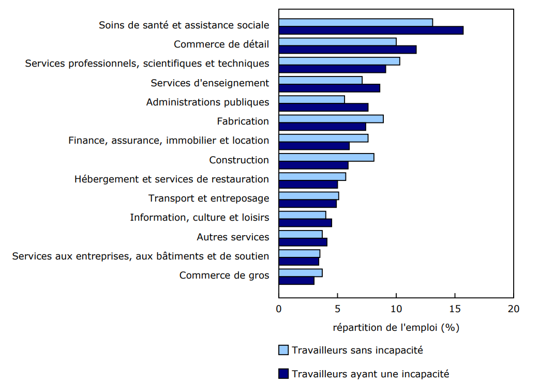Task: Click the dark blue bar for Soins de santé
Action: (371, 30)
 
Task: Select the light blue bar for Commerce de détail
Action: (337, 42)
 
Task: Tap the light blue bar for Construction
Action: (326, 158)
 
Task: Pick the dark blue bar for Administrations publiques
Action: (323, 107)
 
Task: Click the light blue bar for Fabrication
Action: (331, 119)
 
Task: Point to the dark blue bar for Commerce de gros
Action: (296, 281)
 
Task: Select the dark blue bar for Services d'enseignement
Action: (330, 88)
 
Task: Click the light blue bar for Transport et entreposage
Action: (309, 196)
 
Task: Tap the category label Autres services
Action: (233, 237)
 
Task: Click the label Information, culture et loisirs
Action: (199, 218)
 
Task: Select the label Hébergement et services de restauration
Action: (172, 179)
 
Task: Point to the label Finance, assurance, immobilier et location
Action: (169, 141)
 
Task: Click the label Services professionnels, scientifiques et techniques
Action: (147, 64)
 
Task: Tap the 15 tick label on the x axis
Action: (455, 309)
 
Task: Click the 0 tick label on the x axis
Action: (279, 309)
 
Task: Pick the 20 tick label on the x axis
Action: (513, 309)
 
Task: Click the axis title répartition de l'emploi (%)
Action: (396, 327)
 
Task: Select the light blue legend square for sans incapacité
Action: (283, 350)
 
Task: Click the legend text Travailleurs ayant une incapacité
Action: (370, 373)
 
